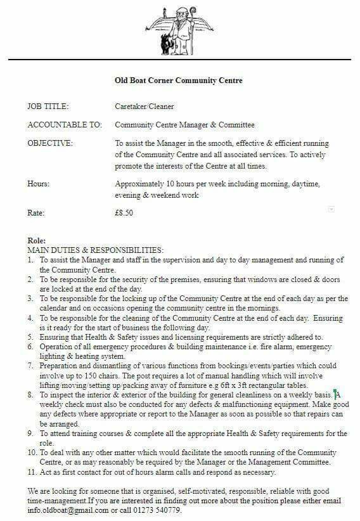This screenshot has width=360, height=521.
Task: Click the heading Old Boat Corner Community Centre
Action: (x=178, y=80)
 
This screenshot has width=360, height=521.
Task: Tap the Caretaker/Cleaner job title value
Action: (x=144, y=106)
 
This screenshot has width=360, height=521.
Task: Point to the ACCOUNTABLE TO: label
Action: (x=65, y=125)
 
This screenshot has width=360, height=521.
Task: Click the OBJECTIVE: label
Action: (x=50, y=143)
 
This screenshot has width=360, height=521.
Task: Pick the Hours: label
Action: (x=39, y=184)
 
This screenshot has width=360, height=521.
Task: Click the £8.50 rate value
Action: (x=124, y=213)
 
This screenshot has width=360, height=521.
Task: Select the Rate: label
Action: (x=37, y=213)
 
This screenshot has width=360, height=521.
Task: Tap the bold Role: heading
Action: (x=37, y=241)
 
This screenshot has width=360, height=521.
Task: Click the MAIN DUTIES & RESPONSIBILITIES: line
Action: (x=96, y=250)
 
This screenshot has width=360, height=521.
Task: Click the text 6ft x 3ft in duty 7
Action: (x=268, y=385)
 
